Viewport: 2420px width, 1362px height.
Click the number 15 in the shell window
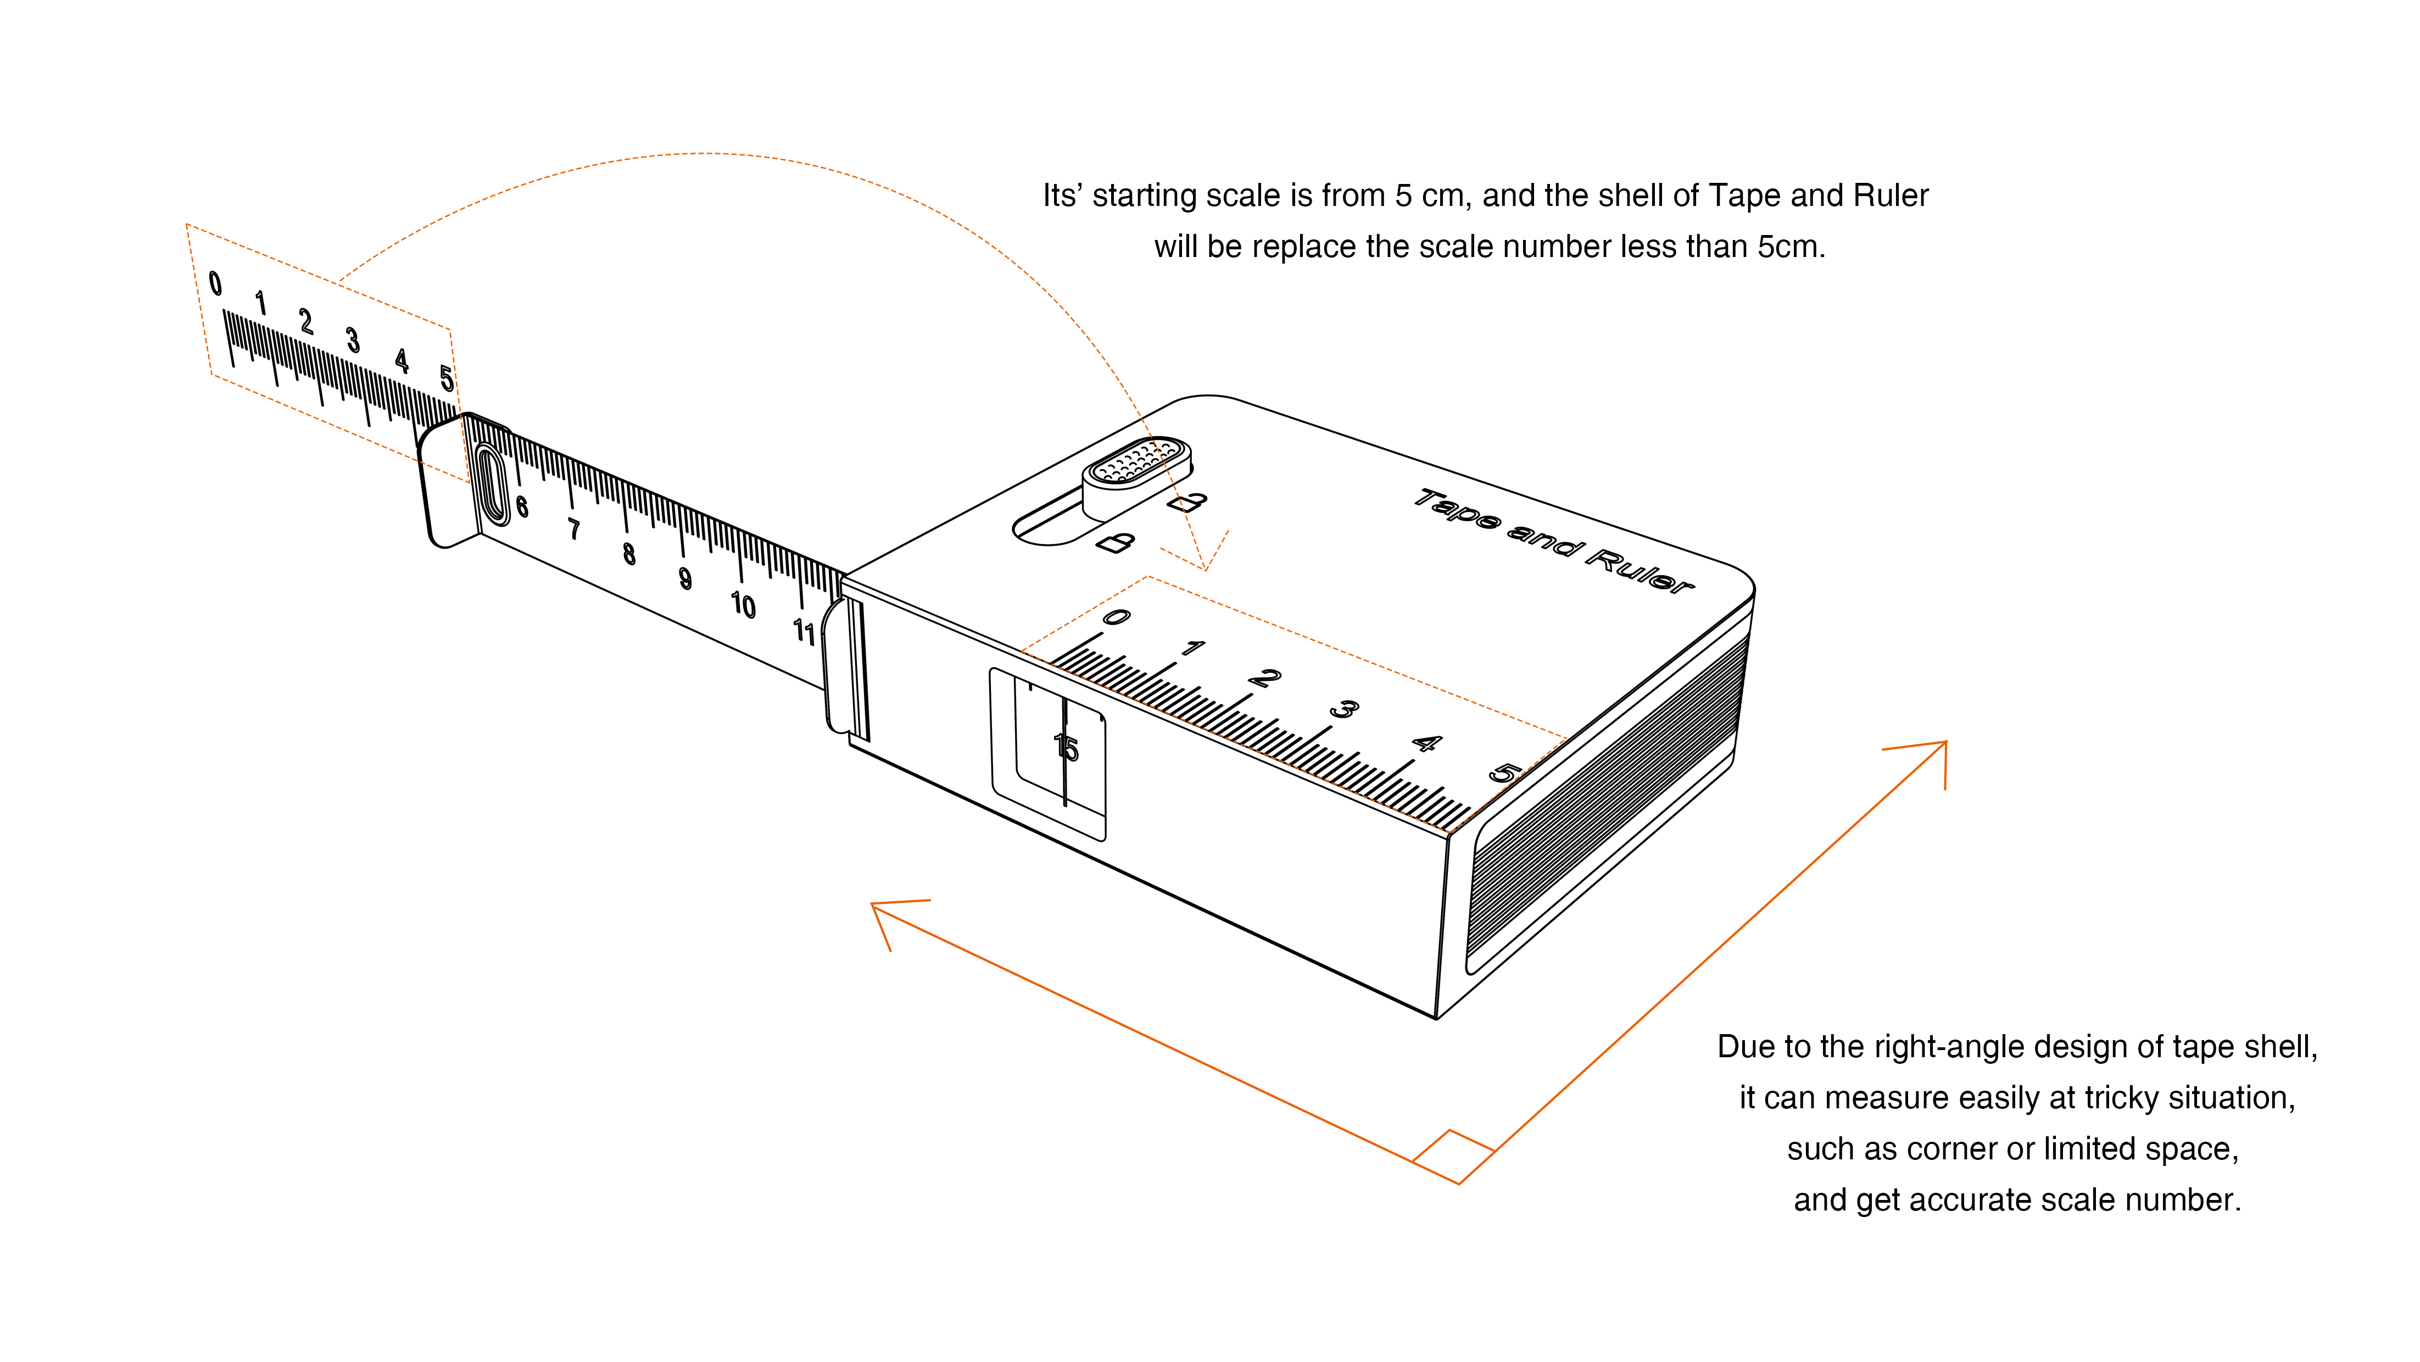coord(1066,747)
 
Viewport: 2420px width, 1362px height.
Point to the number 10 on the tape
coord(743,605)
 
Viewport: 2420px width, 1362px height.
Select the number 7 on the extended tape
coord(574,530)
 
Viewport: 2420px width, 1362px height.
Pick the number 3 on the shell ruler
coord(1345,709)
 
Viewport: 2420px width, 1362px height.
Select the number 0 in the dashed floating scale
coord(215,283)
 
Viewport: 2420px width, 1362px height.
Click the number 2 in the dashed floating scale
coord(305,321)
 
